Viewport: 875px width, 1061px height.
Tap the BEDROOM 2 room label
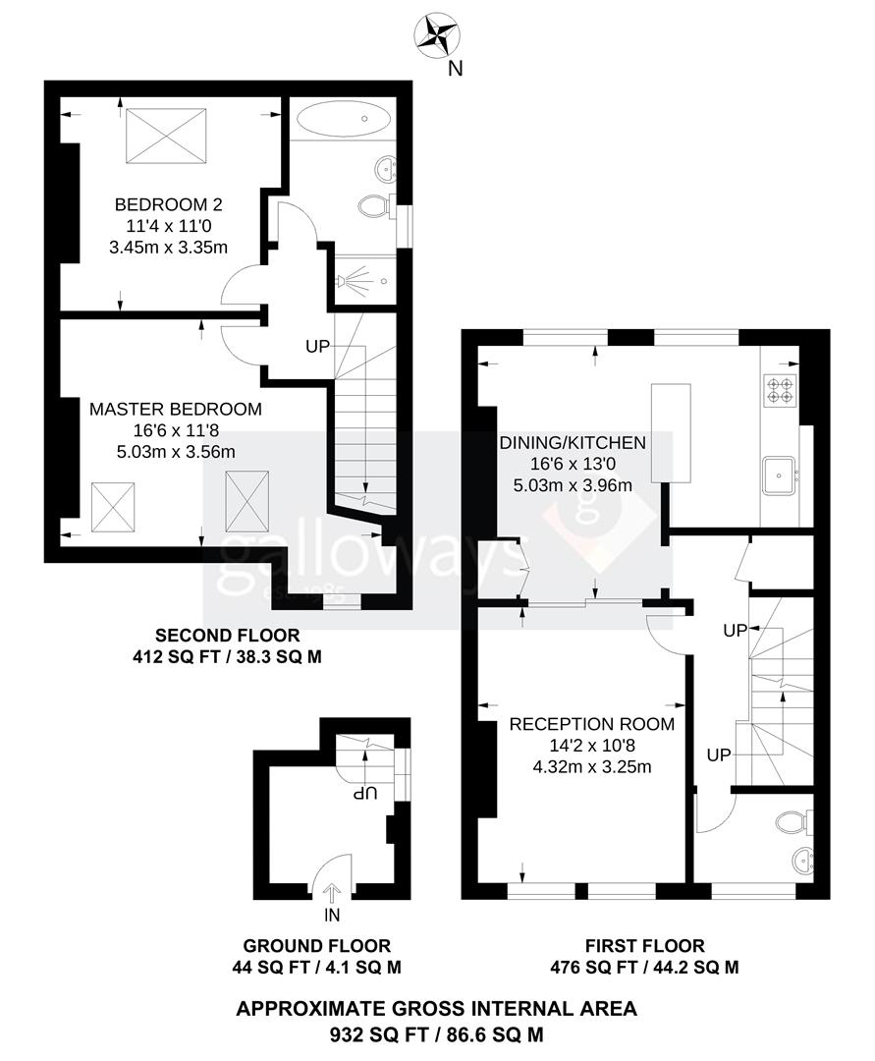[x=169, y=205]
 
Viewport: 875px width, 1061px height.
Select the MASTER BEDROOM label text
[x=176, y=409]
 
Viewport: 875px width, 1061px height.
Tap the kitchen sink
[x=781, y=477]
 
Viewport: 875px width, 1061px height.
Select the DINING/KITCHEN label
[x=573, y=443]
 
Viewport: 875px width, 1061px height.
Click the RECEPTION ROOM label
[x=591, y=725]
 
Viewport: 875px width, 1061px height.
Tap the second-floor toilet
[x=374, y=206]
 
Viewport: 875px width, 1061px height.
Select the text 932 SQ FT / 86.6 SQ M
[x=436, y=1034]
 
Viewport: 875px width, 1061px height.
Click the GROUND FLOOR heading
[x=316, y=946]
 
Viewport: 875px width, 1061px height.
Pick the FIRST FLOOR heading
[x=644, y=946]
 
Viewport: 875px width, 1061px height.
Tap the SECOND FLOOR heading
[x=227, y=636]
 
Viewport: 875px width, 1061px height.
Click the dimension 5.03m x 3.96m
[x=573, y=484]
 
